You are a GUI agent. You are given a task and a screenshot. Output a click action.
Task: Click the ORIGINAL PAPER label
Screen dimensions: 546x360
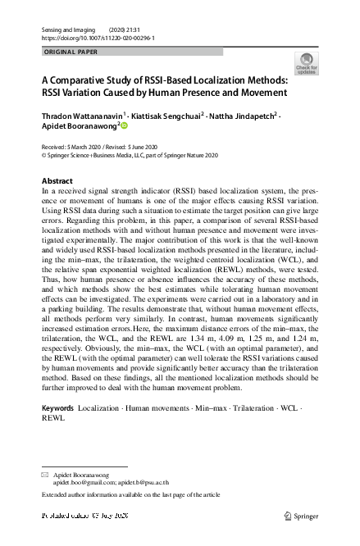[x=70, y=52]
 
